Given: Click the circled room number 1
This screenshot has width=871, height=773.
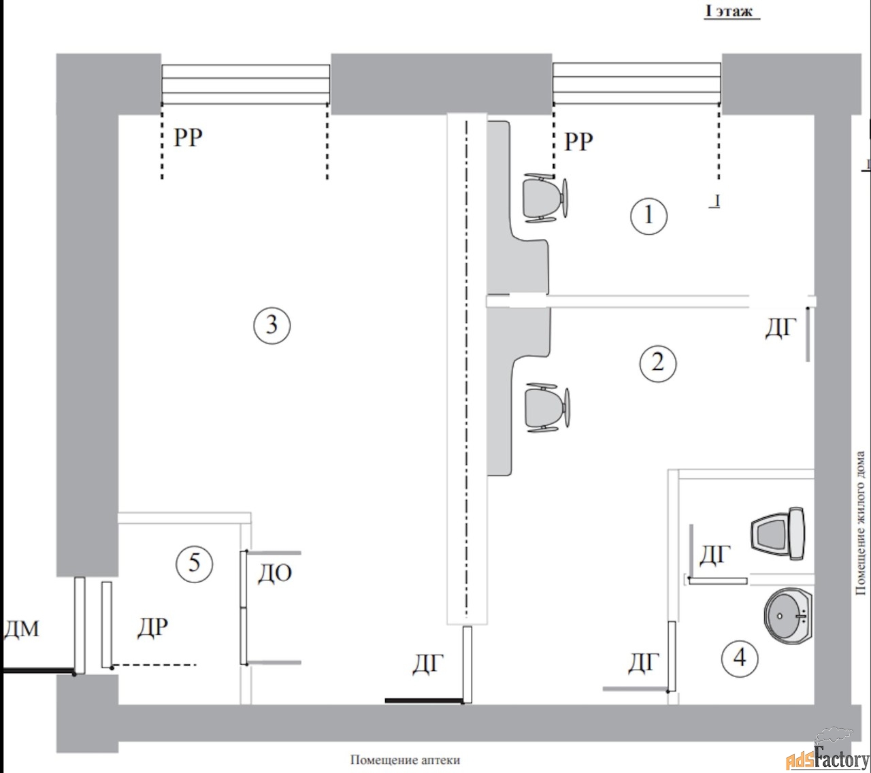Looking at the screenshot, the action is coord(648,216).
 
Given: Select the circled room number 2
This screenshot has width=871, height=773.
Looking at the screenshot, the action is coord(658,363).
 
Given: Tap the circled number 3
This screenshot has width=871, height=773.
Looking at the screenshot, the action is coord(272,325).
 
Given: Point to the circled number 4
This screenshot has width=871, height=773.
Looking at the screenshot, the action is coord(740,658).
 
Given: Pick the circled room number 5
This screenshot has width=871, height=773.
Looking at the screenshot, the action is coord(195,563).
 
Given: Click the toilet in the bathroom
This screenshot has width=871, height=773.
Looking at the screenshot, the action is coord(778,533).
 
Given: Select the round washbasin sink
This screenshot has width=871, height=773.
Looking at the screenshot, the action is coord(789,616).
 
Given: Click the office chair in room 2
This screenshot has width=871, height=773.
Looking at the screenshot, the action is coord(547,408).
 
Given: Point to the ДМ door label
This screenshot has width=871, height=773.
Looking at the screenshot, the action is coord(22,629).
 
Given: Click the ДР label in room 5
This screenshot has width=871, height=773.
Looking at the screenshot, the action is coord(152,627).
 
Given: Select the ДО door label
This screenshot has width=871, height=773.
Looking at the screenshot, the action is coord(275,574).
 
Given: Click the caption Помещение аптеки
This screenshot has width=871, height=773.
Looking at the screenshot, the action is coord(405,761).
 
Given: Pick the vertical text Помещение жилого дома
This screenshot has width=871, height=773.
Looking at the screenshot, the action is coord(860,523).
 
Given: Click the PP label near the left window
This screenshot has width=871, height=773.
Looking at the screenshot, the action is coord(188,137).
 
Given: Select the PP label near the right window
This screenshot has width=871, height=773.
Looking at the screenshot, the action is coord(578,141).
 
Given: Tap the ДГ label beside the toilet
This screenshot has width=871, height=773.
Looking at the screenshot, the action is coord(714,555).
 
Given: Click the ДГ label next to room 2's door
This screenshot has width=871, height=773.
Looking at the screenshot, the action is coord(780,328).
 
